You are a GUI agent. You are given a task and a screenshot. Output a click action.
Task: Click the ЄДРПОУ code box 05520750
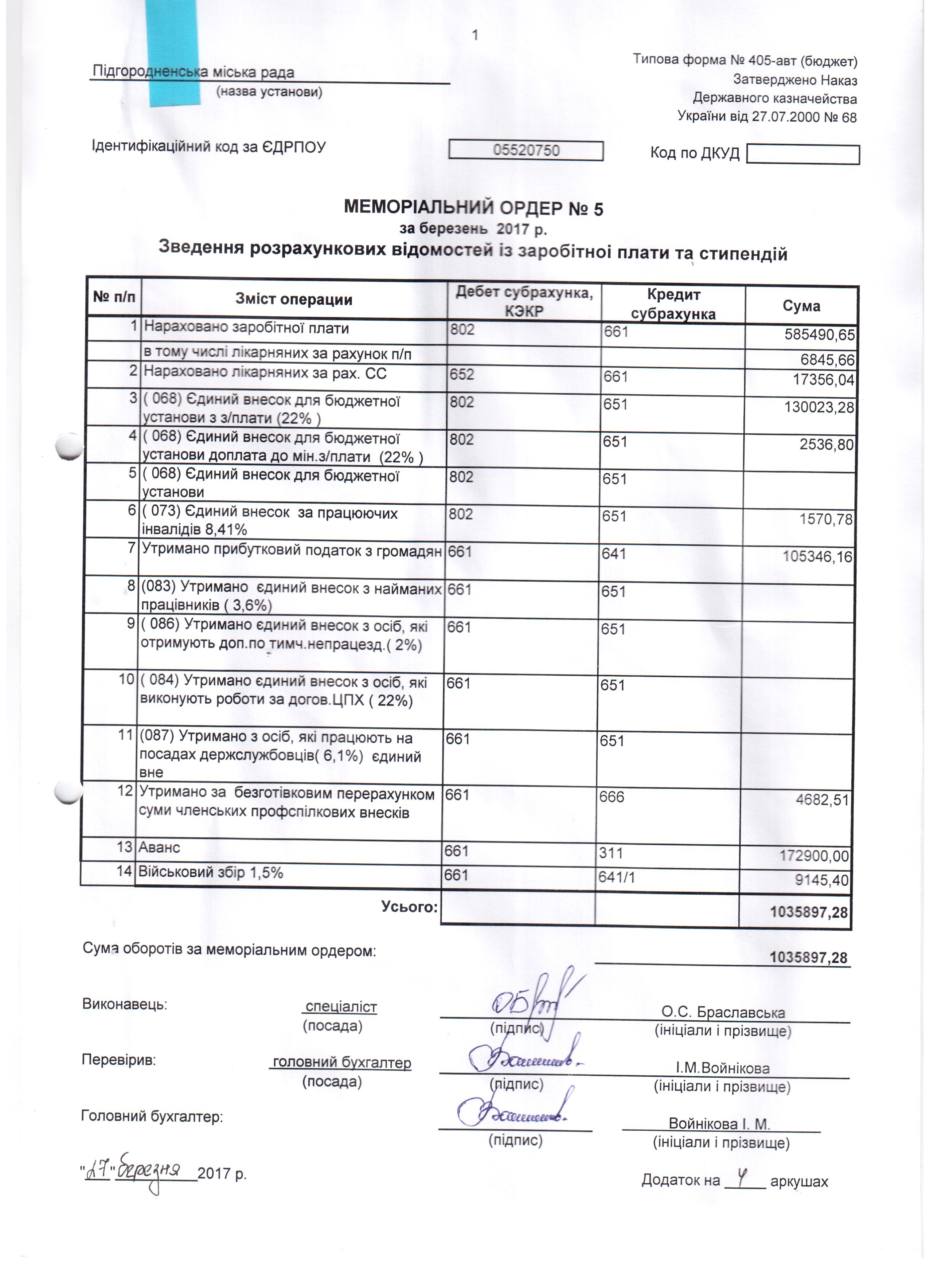[525, 150]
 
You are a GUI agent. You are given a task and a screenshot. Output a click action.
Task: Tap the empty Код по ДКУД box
[802, 155]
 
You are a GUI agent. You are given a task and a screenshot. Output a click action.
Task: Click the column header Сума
[801, 306]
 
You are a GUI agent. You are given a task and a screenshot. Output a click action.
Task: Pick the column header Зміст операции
[294, 300]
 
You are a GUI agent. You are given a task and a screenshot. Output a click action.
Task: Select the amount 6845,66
[827, 359]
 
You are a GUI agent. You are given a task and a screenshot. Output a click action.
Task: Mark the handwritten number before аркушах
[743, 1176]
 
